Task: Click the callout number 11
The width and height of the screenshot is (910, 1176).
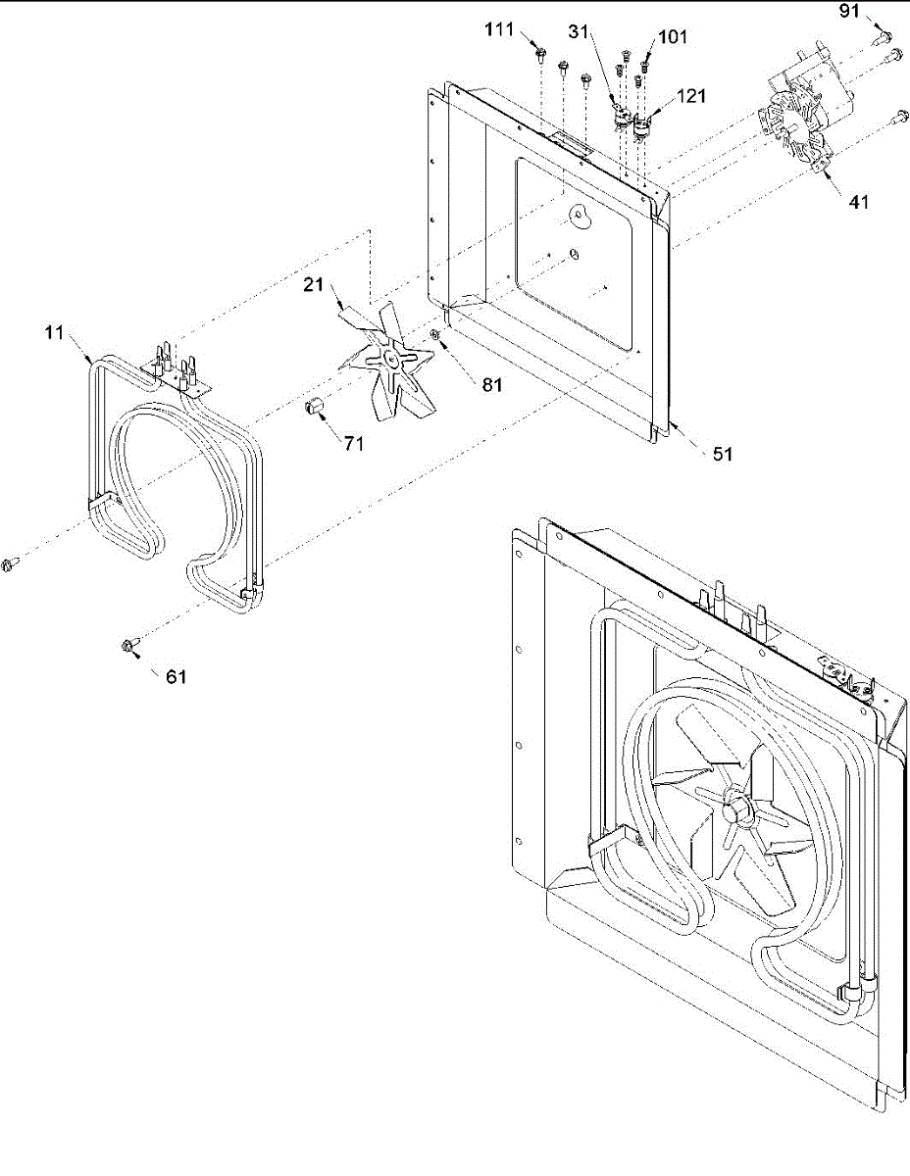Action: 54,333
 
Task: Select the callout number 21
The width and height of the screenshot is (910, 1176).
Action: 313,284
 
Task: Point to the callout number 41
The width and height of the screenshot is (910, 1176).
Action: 858,203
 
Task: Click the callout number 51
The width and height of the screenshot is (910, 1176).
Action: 722,454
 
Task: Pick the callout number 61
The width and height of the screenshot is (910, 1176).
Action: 177,676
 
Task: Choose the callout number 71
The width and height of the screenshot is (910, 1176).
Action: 353,443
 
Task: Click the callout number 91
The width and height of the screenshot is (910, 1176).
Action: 849,12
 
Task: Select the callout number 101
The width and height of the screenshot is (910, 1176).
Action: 673,37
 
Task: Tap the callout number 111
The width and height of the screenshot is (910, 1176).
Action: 500,30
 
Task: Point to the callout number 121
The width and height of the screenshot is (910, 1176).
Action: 691,97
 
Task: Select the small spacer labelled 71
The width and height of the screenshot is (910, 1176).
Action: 317,407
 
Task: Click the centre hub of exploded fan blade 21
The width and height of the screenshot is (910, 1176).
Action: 391,361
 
